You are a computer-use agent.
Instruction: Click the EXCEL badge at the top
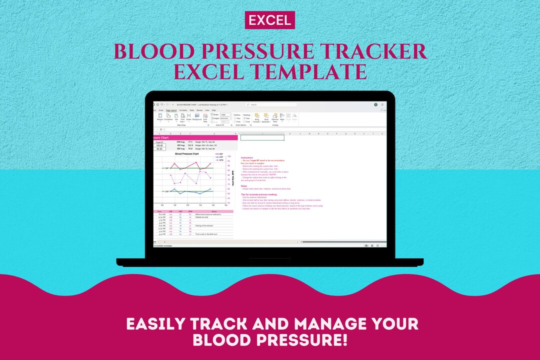pyautogui.click(x=270, y=20)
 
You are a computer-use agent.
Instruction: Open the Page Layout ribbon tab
pyautogui.click(x=171, y=110)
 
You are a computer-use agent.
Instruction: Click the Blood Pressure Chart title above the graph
pyautogui.click(x=187, y=154)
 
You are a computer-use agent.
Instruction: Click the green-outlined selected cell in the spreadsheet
pyautogui.click(x=262, y=137)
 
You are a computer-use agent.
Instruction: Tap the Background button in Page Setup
pyautogui.click(x=197, y=117)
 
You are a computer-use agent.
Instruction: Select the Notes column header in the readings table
pyautogui.click(x=213, y=211)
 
